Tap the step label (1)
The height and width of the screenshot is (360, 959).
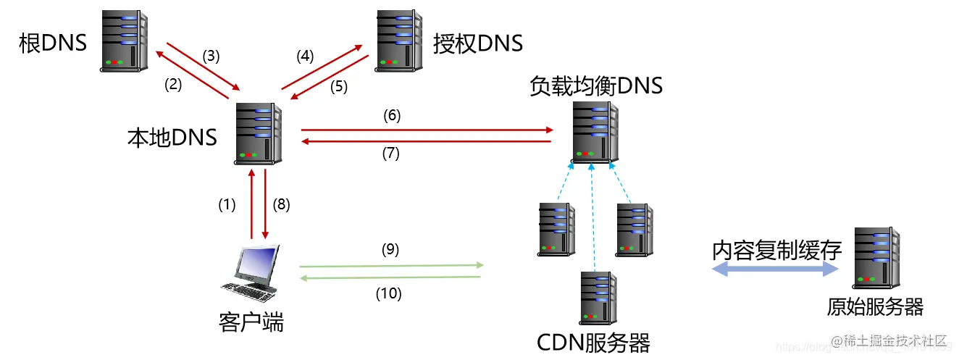(227, 205)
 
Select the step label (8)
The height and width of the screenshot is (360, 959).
(281, 205)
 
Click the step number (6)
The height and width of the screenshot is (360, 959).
(392, 115)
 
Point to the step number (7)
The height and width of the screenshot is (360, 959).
(392, 153)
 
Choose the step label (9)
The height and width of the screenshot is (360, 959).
(390, 250)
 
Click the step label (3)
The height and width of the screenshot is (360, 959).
(211, 55)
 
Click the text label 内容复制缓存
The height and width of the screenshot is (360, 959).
(776, 250)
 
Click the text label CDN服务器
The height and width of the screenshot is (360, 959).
(594, 341)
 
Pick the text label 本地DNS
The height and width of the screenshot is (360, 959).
(172, 136)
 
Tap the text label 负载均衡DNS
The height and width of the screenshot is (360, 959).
(596, 86)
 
